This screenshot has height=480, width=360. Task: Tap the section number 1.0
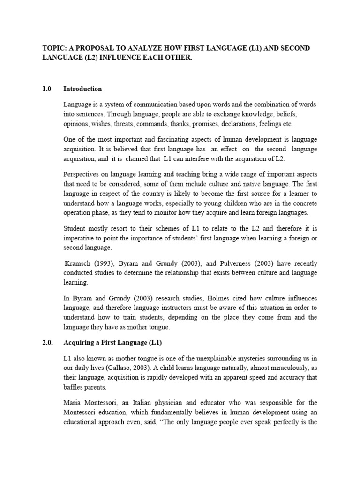click(x=46, y=89)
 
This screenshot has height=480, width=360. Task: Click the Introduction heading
click(x=82, y=89)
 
